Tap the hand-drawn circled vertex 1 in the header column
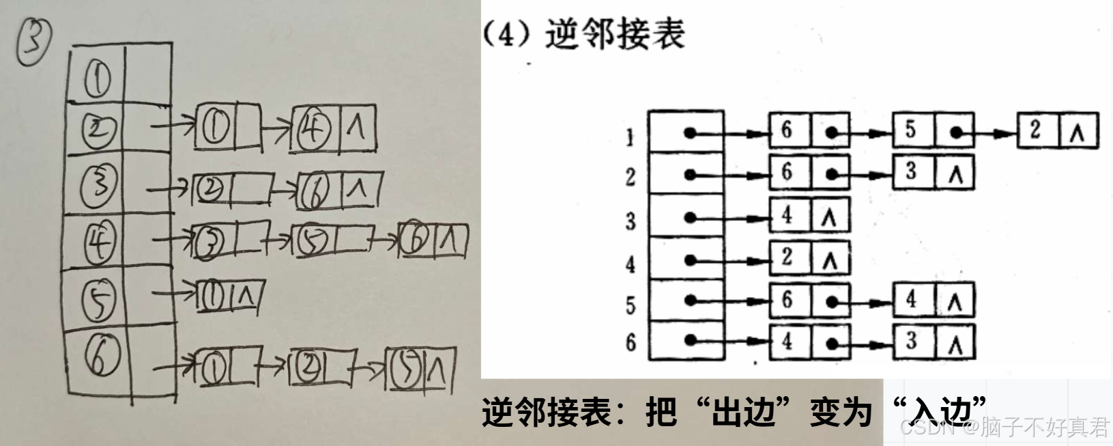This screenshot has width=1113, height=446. click(x=98, y=77)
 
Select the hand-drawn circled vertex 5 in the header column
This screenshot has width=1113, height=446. click(x=99, y=299)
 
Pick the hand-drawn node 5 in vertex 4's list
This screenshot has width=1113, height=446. click(x=313, y=240)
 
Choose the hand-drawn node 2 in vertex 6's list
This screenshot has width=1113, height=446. click(x=310, y=368)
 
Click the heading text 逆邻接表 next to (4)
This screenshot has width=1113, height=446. click(x=614, y=34)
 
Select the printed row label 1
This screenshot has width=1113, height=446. click(x=629, y=138)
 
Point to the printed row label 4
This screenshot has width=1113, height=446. click(x=630, y=264)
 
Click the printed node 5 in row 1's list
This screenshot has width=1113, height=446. click(x=911, y=130)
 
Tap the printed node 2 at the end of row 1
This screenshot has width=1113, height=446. click(x=1036, y=130)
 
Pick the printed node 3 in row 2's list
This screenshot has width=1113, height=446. click(x=911, y=171)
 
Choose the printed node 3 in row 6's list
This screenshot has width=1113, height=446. click(x=911, y=340)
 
